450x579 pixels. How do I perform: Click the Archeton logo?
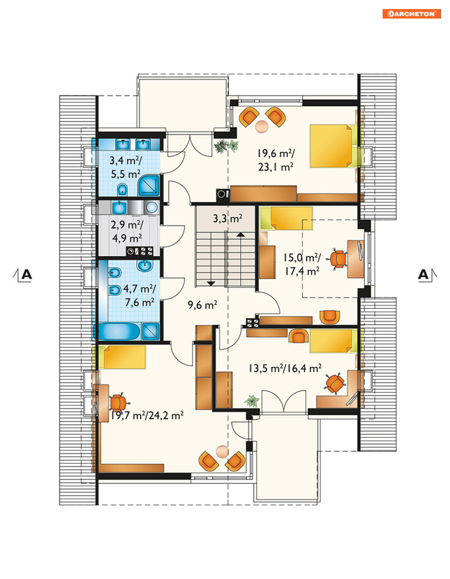pos(412,14)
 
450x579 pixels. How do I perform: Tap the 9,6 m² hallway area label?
pos(202,305)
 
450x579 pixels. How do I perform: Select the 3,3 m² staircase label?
pos(227,219)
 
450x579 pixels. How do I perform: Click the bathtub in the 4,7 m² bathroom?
pos(117,331)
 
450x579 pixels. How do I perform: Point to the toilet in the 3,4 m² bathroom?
pos(123,190)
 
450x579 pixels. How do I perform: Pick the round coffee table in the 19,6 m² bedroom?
pos(261,126)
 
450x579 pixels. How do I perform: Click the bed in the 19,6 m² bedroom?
pos(336,146)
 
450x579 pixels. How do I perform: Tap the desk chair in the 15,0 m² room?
pos(338,259)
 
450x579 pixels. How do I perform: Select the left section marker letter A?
pos(27,274)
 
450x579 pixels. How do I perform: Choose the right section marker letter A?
pos(423,274)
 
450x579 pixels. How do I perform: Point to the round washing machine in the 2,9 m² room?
pos(152,207)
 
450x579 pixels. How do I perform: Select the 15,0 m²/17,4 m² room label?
pos(302,265)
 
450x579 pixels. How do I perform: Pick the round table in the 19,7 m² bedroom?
pos(222,451)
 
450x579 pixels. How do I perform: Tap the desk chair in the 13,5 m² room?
pos(335,383)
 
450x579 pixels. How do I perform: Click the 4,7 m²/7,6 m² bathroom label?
pos(140,296)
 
